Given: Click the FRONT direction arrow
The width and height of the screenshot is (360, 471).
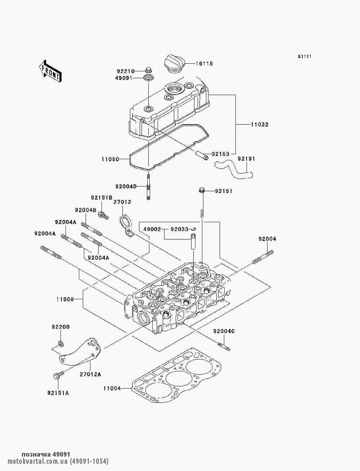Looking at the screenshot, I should click(x=50, y=71).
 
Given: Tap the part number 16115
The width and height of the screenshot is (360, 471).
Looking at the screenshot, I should click(x=204, y=64).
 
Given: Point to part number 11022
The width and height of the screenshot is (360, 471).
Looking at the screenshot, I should click(x=260, y=125).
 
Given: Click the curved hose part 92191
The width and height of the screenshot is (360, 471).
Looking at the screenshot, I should click(x=234, y=170).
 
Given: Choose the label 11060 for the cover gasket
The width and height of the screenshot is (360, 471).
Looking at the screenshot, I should click(x=110, y=158).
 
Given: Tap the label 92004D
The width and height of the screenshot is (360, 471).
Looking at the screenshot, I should click(x=126, y=187).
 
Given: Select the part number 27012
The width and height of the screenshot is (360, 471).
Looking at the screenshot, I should click(x=122, y=202).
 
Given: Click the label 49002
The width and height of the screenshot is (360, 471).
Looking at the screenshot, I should click(x=152, y=229).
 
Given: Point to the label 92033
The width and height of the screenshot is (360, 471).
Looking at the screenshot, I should click(x=179, y=229).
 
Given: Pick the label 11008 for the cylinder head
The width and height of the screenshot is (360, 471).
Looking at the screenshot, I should click(x=65, y=299).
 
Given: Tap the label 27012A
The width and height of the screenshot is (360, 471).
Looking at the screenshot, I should click(x=90, y=374).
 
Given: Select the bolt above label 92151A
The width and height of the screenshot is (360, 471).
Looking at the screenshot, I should click(x=56, y=376).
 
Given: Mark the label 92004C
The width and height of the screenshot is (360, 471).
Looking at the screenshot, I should click(x=224, y=331).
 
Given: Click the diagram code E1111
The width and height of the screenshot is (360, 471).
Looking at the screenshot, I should click(x=304, y=57).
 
